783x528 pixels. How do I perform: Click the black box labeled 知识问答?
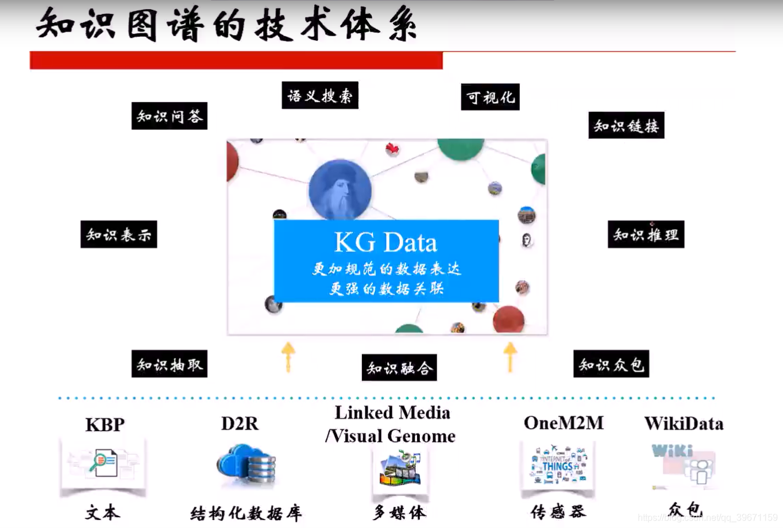pyautogui.click(x=169, y=116)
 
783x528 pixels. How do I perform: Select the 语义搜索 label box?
pyautogui.click(x=319, y=95)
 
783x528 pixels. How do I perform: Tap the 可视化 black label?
pyautogui.click(x=490, y=97)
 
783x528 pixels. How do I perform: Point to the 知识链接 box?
pyautogui.click(x=626, y=125)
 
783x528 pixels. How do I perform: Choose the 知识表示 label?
pyautogui.click(x=118, y=234)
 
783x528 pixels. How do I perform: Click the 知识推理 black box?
pyautogui.click(x=646, y=234)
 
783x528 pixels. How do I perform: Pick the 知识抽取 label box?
pyautogui.click(x=169, y=364)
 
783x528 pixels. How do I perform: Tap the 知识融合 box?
pyautogui.click(x=399, y=367)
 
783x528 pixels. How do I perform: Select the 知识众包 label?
pyautogui.click(x=611, y=364)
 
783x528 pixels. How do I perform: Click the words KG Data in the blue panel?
pyautogui.click(x=385, y=242)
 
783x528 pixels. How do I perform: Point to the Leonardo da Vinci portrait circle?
pyautogui.click(x=340, y=189)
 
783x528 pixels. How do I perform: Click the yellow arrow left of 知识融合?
pyautogui.click(x=288, y=356)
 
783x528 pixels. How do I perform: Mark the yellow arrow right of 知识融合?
pyautogui.click(x=510, y=356)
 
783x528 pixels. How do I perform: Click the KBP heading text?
pyautogui.click(x=105, y=425)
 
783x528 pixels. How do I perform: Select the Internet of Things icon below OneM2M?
pyautogui.click(x=557, y=465)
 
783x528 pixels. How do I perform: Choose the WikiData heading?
pyautogui.click(x=684, y=424)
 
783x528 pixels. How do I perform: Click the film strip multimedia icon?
pyautogui.click(x=400, y=468)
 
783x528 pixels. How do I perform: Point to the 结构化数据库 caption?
pyautogui.click(x=246, y=513)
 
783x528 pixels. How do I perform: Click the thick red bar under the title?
pyautogui.click(x=236, y=60)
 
